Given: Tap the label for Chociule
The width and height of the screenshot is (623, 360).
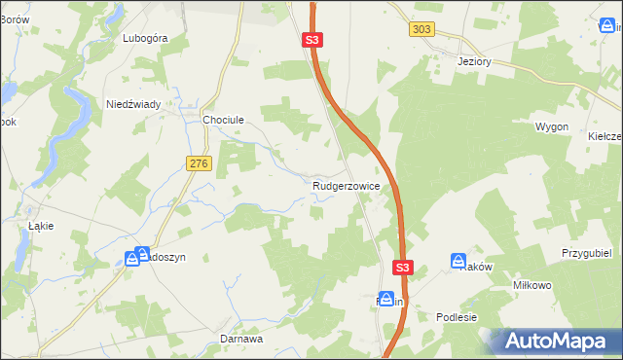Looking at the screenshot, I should pyautogui.click(x=222, y=120).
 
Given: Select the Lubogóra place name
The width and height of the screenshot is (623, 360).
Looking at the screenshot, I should pyautogui.click(x=146, y=38).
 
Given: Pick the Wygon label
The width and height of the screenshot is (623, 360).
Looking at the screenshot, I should pyautogui.click(x=552, y=126).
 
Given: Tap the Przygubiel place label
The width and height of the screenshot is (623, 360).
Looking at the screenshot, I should pyautogui.click(x=585, y=252).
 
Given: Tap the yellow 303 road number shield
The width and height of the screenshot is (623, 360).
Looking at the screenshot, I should pyautogui.click(x=421, y=30).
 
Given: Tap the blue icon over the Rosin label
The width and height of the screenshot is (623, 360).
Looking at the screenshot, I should pyautogui.click(x=386, y=299).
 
